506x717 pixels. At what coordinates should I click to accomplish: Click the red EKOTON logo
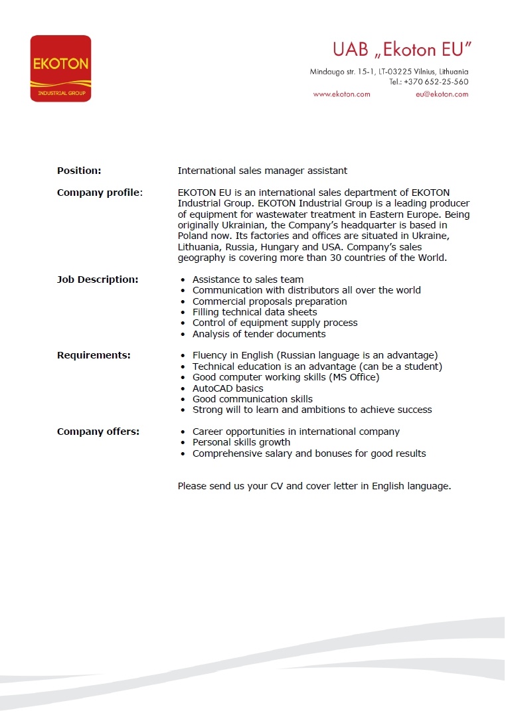pos(60,68)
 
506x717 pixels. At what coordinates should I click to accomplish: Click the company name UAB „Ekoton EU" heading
pos(402,50)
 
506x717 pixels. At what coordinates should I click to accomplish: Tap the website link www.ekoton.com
pos(341,94)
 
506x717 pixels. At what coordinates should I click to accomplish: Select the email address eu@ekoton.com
pos(442,94)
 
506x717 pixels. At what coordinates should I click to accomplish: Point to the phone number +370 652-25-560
pos(436,82)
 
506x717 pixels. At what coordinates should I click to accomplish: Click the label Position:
pos(79,171)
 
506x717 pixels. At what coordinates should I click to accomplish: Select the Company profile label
pos(100,193)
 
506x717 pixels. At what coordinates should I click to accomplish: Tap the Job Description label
pos(98,279)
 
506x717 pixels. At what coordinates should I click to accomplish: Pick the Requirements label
pos(94,355)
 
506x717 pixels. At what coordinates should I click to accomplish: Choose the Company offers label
pos(98,432)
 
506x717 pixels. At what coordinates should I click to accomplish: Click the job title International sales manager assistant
pos(262,171)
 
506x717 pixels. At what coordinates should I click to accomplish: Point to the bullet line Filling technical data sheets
pos(254,312)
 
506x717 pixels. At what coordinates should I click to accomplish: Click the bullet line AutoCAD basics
pos(228,388)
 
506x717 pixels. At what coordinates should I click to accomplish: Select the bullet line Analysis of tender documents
pos(259,334)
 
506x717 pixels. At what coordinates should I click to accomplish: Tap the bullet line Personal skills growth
pos(241,442)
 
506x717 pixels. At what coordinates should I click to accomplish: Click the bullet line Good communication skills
pos(252,399)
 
